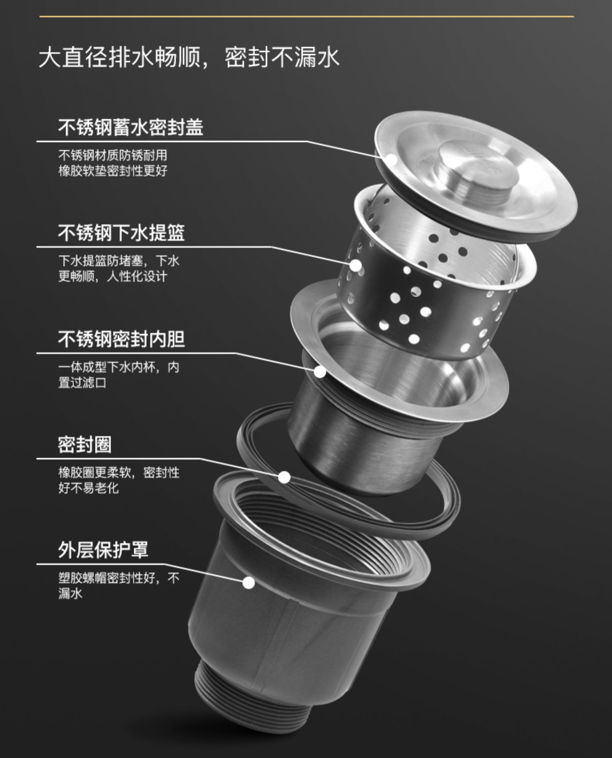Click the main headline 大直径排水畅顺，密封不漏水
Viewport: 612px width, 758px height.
coord(188,57)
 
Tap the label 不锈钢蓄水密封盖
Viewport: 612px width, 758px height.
coord(131,127)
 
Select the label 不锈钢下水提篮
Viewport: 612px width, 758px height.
coord(121,233)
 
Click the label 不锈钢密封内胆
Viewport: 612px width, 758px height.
coord(121,339)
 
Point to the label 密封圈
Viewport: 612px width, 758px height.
coord(84,444)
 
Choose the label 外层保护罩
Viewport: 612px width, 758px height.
coord(103,550)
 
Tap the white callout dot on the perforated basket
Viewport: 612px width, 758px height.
coord(356,265)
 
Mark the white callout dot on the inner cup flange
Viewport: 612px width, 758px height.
coord(320,372)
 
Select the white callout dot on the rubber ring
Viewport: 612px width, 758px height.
coord(284,477)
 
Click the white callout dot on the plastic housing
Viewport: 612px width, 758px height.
coord(248,582)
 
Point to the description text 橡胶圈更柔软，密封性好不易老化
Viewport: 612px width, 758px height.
coord(118,480)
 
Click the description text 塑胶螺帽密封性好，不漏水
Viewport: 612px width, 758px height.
coord(118,586)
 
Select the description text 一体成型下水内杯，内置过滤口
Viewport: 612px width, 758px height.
coord(118,375)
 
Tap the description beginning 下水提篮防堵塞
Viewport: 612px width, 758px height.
coord(118,269)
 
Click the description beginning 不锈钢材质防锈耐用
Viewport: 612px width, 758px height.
coord(113,163)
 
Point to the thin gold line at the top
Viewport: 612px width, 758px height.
coord(306,17)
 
